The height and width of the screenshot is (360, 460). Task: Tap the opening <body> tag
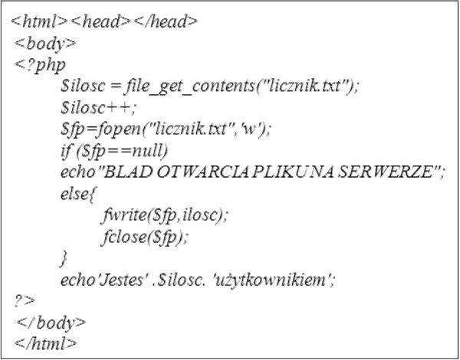(x=45, y=44)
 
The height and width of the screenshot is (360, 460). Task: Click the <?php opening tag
(x=40, y=65)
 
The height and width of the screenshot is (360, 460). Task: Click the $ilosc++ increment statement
(x=99, y=107)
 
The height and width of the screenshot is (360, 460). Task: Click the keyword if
(x=66, y=151)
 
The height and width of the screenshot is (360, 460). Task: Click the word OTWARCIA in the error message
(x=202, y=172)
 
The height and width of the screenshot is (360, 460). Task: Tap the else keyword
(x=74, y=194)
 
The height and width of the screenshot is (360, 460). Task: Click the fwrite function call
(x=165, y=215)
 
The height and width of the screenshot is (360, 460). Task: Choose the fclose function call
(x=145, y=237)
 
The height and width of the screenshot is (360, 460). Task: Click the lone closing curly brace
(x=64, y=258)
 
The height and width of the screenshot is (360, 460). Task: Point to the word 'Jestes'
(x=121, y=280)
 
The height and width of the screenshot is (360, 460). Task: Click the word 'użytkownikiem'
(x=271, y=280)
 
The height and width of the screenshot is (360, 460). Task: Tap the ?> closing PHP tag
(x=25, y=301)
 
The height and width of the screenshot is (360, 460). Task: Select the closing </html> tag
(x=45, y=343)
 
